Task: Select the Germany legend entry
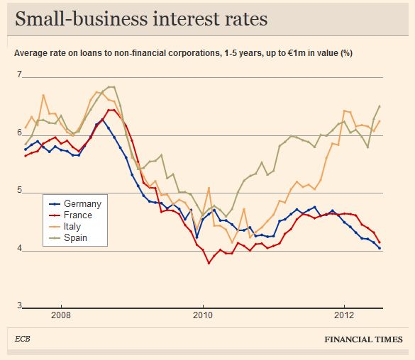coord(75,204)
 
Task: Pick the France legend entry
coord(70,215)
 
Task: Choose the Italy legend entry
coord(65,227)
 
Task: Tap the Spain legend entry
coord(68,238)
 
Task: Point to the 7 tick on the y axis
coord(19,74)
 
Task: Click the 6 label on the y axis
coord(19,133)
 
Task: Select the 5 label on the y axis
coord(19,190)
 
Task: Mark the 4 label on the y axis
coord(19,248)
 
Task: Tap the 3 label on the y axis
coord(19,305)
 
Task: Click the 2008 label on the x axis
coord(61,315)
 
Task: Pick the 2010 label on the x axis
coord(203,315)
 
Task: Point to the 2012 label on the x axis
coord(344,315)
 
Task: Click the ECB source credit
coord(23,339)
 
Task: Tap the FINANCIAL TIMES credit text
coord(364,339)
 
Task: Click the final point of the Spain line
coord(380,106)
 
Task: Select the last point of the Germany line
coord(380,248)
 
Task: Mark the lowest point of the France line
coord(209,263)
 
